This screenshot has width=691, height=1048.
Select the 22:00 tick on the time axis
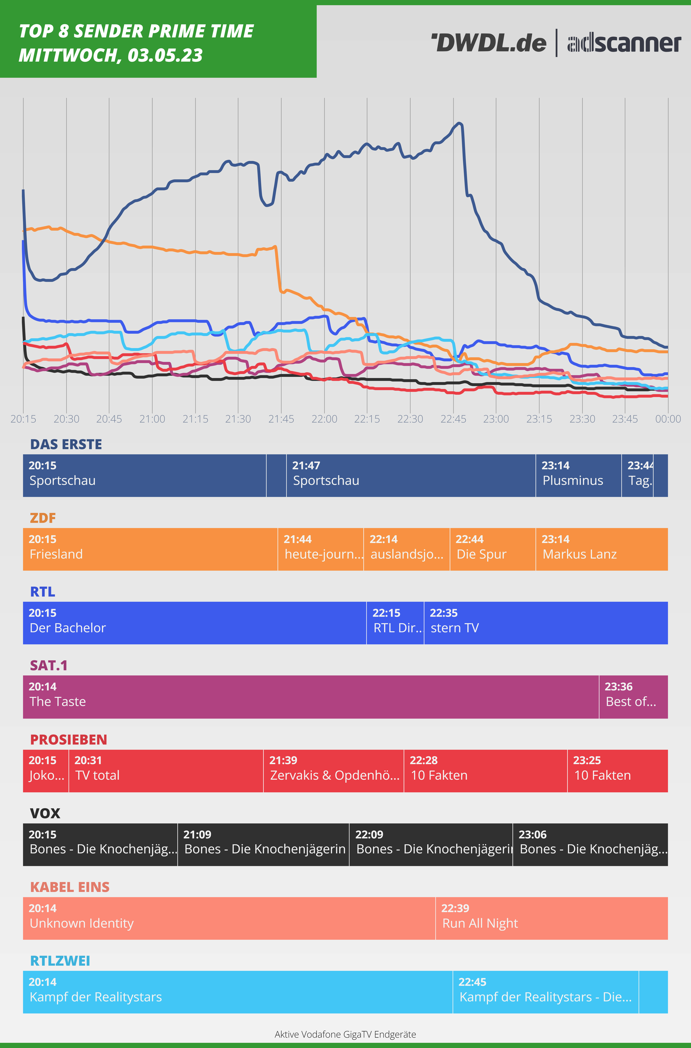[x=324, y=419]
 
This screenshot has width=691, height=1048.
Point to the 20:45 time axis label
[x=109, y=419]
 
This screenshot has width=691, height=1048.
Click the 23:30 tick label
[x=582, y=419]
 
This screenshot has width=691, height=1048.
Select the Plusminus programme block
[x=578, y=475]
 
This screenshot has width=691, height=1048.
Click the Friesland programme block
[x=150, y=549]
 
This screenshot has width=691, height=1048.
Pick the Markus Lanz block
[x=602, y=549]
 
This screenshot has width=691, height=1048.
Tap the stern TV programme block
[x=546, y=623]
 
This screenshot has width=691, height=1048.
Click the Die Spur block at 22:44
[x=492, y=549]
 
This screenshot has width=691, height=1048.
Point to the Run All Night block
[x=551, y=918]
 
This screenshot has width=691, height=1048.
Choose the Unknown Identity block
[x=229, y=918]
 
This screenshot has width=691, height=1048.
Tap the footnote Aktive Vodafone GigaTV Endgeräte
[x=345, y=1034]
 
